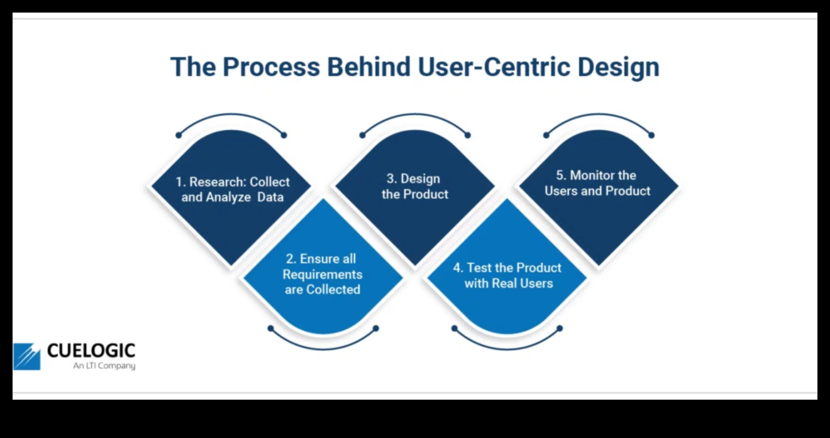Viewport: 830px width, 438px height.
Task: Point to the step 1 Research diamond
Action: pos(231,189)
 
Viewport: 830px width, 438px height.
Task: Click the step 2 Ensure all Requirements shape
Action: pos(323,274)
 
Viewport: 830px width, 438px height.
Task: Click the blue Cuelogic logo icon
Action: pos(27,356)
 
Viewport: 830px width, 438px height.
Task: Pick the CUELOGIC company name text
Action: pos(91,351)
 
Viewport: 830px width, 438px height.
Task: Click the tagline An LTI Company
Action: pos(104,366)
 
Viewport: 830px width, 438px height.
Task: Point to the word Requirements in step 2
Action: pos(323,275)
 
